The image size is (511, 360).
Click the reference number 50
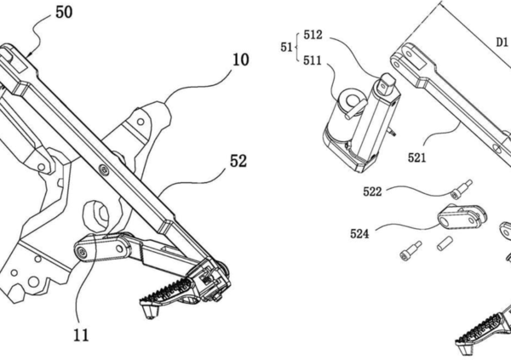[x=64, y=13]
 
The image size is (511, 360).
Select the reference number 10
[x=240, y=60]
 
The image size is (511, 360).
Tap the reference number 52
[x=238, y=161]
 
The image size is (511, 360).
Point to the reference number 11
[x=81, y=335]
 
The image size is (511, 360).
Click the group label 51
[x=286, y=48]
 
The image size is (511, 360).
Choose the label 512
[x=313, y=35]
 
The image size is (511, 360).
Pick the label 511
[x=313, y=60]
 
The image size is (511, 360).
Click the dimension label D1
[x=502, y=43]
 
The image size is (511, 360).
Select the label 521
[x=417, y=157]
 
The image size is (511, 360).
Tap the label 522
[x=372, y=191]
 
